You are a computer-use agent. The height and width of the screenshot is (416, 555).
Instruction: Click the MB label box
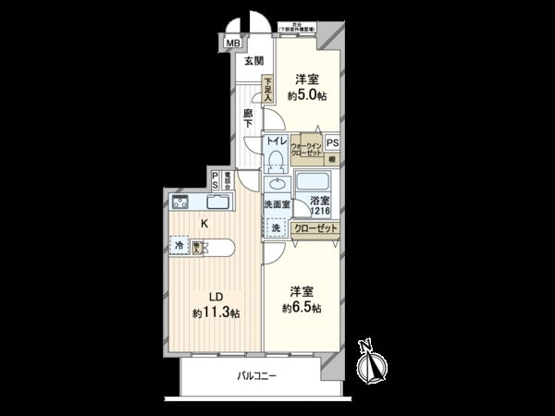230,42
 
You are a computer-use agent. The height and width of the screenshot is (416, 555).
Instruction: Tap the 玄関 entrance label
253,61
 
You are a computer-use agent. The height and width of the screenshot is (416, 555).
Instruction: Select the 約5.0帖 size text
306,96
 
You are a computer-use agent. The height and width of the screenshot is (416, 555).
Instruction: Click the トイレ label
275,141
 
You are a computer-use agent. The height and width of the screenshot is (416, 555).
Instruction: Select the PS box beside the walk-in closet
332,142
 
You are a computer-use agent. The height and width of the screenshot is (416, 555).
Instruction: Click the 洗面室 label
277,204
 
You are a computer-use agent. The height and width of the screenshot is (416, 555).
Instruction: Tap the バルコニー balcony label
256,374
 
